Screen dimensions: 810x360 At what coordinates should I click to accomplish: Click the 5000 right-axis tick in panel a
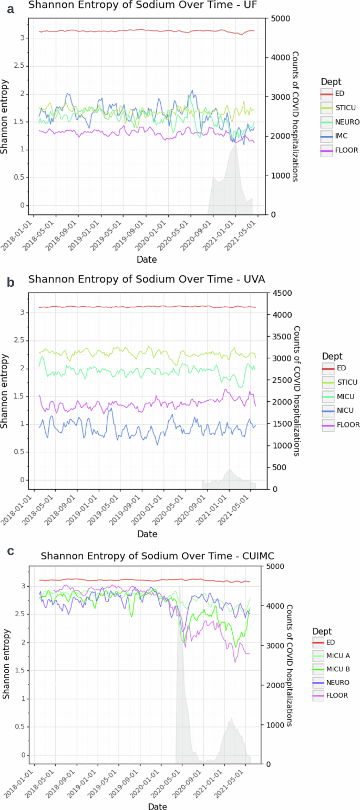point(280,18)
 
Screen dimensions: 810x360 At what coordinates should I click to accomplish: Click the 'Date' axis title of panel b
point(147,534)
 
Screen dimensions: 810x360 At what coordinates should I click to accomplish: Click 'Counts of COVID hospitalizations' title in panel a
point(295,116)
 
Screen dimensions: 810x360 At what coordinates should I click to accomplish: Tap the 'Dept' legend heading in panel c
point(322,631)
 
